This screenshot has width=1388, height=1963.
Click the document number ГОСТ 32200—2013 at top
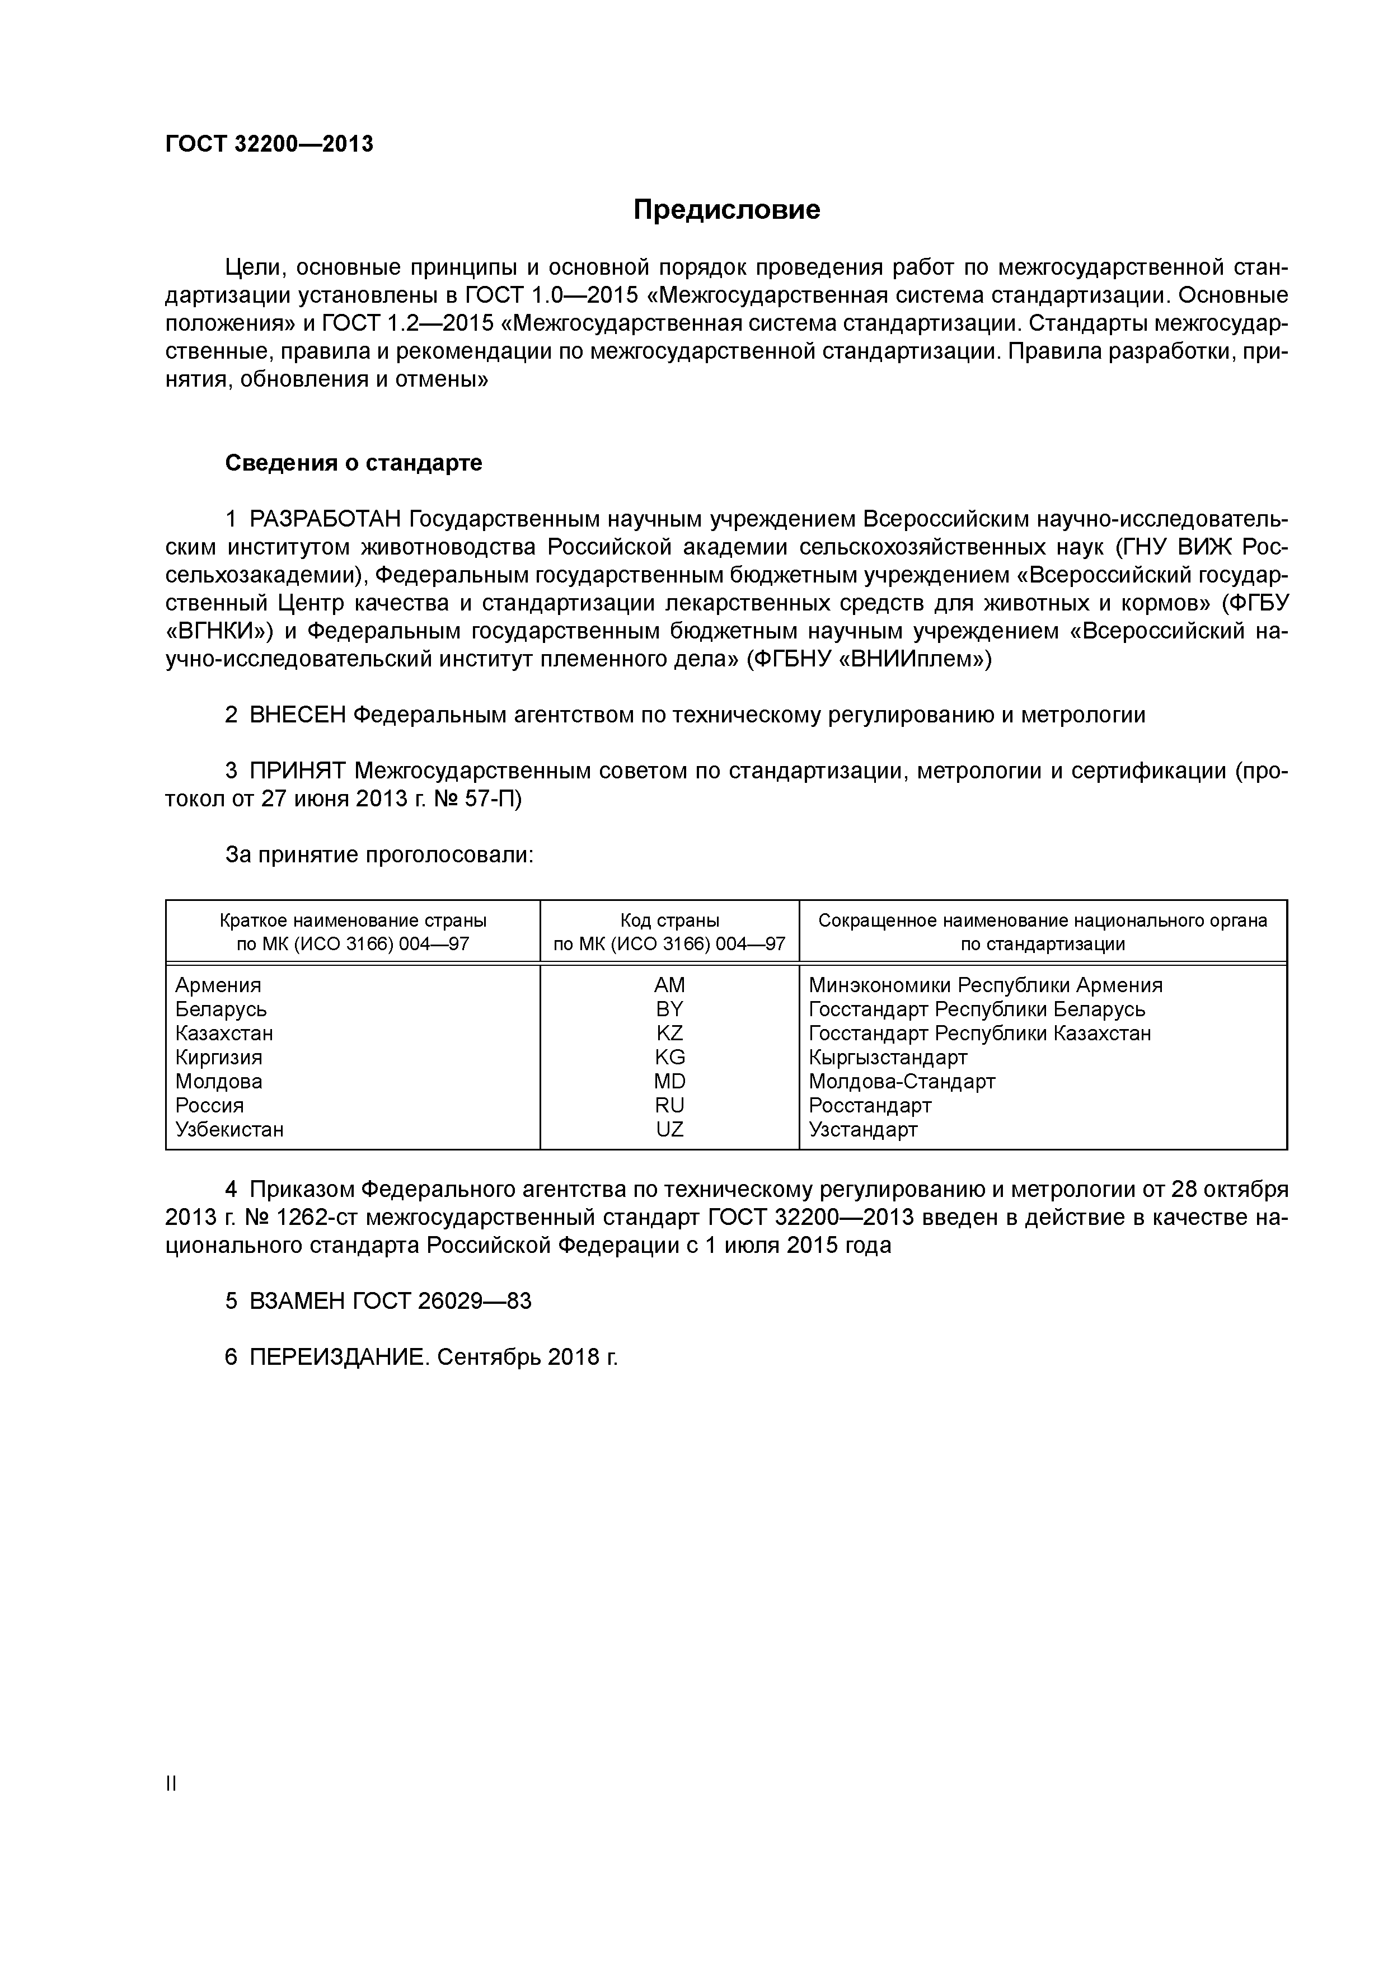point(269,144)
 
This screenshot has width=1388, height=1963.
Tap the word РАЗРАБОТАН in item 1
point(325,519)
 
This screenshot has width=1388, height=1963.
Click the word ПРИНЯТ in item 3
point(298,771)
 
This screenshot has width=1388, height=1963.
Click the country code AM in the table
point(669,985)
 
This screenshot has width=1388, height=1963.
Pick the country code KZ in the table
point(669,1033)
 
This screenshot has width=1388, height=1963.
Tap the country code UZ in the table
point(669,1129)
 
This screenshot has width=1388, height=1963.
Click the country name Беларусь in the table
point(221,1009)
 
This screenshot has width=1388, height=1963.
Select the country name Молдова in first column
point(218,1082)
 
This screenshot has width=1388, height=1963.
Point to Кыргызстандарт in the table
point(888,1058)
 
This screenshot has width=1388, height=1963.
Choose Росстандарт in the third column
point(870,1106)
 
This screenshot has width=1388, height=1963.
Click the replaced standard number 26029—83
point(475,1301)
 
